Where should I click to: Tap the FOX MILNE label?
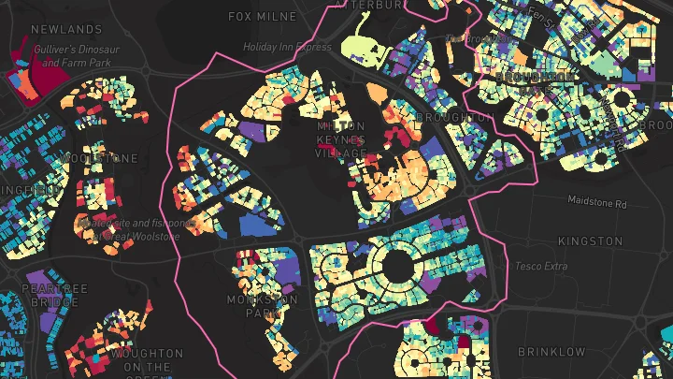point(263,16)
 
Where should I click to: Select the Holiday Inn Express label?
point(287,46)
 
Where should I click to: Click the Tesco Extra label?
point(541,267)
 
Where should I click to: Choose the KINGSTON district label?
point(590,241)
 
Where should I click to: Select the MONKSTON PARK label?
point(263,306)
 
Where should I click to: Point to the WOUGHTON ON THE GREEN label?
point(146,360)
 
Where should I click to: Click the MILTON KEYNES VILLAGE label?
point(341,138)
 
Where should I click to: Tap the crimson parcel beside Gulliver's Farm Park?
point(28,70)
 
